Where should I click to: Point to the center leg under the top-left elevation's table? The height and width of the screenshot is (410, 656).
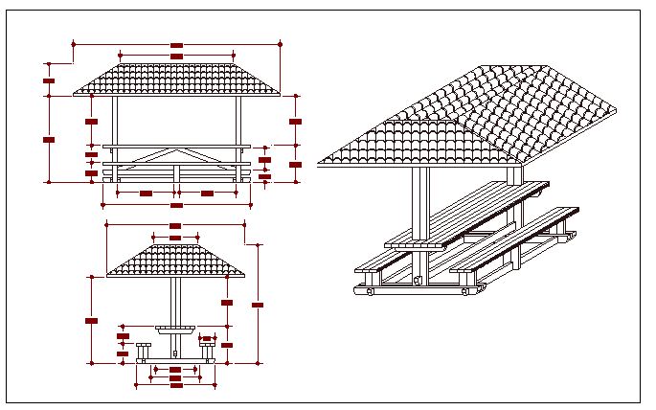(176, 173)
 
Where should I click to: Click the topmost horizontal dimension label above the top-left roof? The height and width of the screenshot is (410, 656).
(176, 44)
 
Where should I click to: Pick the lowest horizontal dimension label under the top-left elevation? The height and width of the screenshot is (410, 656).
(176, 205)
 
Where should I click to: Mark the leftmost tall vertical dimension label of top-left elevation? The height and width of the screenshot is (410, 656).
(49, 139)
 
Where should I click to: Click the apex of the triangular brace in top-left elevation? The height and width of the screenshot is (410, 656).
(176, 150)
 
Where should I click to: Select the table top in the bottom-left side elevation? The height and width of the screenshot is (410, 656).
(174, 328)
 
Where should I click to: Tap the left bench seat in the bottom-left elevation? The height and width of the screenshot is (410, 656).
(144, 344)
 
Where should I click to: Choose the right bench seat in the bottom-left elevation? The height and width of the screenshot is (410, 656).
(207, 344)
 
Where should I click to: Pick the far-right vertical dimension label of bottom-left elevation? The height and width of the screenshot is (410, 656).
(258, 305)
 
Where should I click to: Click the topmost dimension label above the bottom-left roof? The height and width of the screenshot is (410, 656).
(174, 226)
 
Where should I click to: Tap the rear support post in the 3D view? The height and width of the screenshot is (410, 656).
(514, 175)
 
